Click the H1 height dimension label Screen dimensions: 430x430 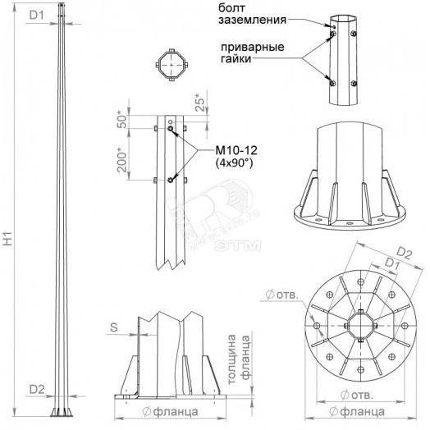click(x=8, y=239)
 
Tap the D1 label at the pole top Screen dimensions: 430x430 click(x=37, y=16)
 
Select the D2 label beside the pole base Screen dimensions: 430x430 click(x=37, y=389)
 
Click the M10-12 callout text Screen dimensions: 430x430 click(x=236, y=150)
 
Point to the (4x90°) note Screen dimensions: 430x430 click(x=234, y=163)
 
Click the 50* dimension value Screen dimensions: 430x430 click(x=122, y=120)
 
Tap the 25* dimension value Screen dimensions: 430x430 click(x=200, y=103)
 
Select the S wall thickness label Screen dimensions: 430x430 click(x=114, y=327)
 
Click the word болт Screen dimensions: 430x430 click(x=231, y=8)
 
